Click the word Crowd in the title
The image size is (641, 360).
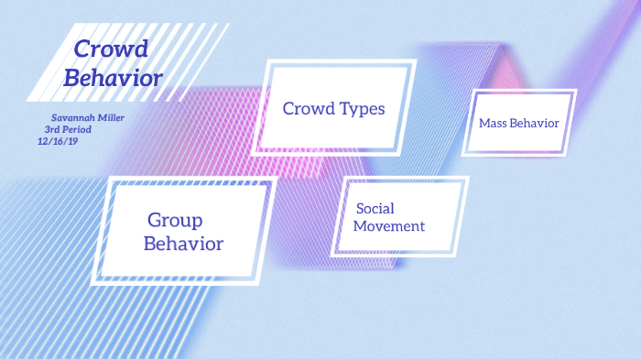point(110,50)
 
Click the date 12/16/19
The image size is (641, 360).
point(58,141)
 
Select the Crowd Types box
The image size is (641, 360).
point(333,107)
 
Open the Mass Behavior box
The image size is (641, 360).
point(518,122)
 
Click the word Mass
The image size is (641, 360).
point(494,123)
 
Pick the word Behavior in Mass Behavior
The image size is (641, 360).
point(536,123)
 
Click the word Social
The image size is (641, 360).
point(375,209)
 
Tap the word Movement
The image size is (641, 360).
point(389,226)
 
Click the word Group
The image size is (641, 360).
point(175,220)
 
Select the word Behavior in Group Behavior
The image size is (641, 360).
point(183,244)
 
